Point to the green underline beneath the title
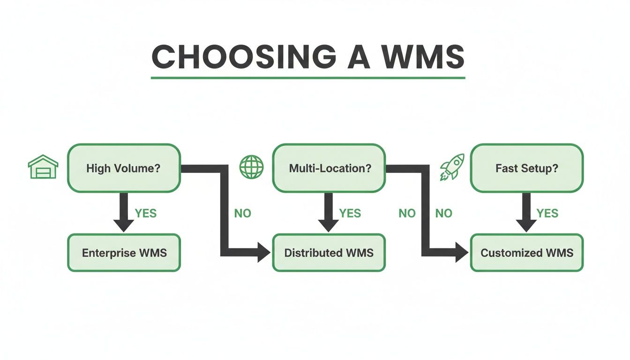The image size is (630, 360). coord(308,78)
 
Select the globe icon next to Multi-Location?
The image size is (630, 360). coord(252,167)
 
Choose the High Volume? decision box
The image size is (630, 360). coord(124,168)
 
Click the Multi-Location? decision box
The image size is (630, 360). coord(329,168)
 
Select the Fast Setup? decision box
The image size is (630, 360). coord(527,168)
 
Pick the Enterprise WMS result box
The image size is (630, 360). coord(124,253)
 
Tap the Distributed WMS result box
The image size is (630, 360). coord(329,253)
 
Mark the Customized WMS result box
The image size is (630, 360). coord(527,253)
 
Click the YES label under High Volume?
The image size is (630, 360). coord(146,214)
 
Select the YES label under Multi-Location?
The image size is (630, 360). coord(350,214)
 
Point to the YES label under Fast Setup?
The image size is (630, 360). coord(547,214)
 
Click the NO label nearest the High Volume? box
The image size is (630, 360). coord(242,214)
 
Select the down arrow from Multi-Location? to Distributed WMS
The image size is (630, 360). coord(329,212)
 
